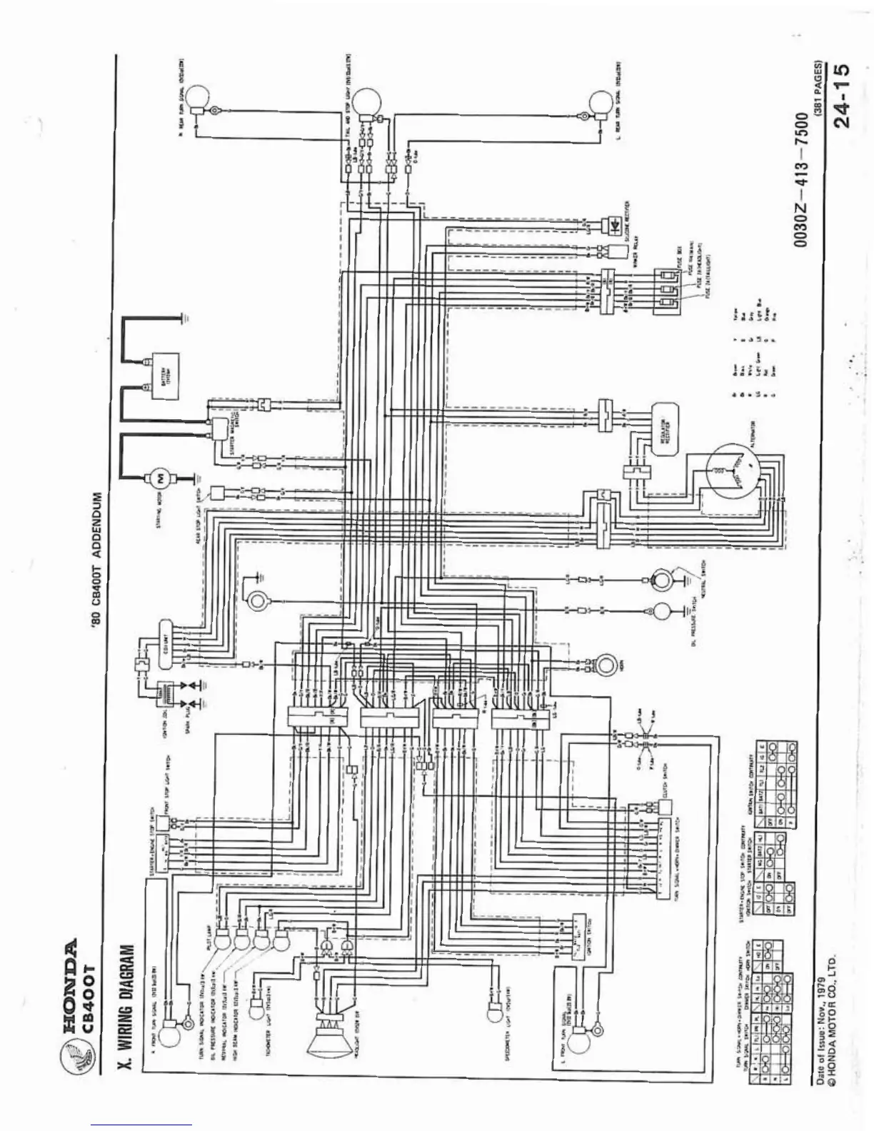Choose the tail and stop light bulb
point(368,101)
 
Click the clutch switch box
point(665,806)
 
